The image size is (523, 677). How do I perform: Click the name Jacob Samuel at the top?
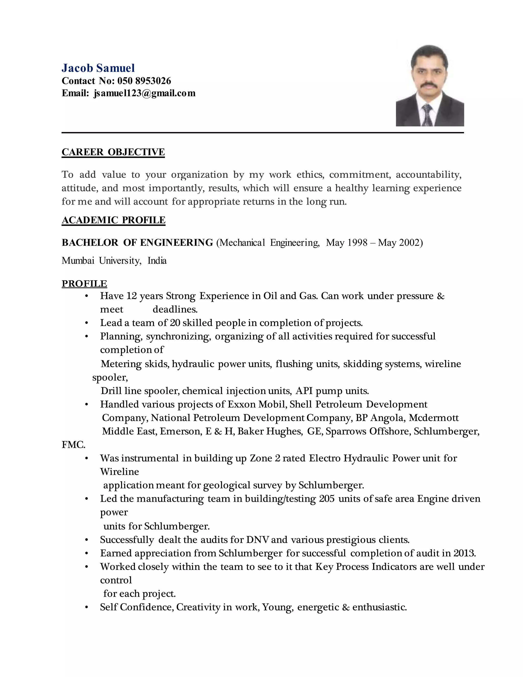(98, 68)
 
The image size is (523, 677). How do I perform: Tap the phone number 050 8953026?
(144, 81)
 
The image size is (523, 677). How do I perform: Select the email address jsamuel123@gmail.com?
(144, 93)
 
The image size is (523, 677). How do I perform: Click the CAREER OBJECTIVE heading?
(113, 152)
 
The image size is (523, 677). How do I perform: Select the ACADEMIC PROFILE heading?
(113, 220)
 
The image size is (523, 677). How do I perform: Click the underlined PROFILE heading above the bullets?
(84, 284)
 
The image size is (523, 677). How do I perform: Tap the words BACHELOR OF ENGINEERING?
(137, 242)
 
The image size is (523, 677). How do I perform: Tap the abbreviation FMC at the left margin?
(73, 445)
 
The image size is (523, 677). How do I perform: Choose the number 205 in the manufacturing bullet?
(327, 499)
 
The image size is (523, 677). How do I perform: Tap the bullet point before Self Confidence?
(87, 607)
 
